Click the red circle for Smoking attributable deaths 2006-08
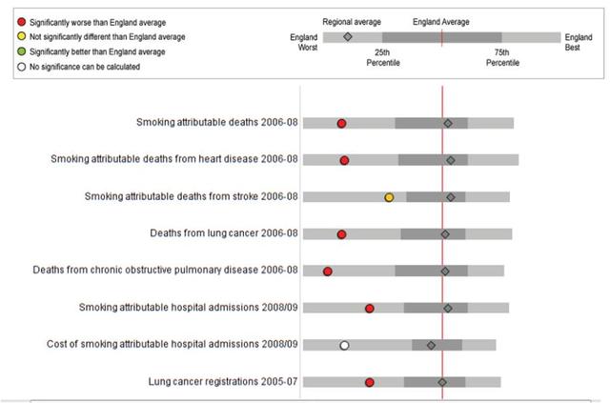(341, 124)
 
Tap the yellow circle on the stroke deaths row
(389, 197)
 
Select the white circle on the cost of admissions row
(345, 345)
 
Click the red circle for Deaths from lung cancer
(341, 234)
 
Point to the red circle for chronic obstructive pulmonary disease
(328, 272)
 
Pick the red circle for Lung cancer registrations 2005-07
(370, 382)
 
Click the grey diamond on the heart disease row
(451, 160)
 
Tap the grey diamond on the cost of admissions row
(431, 345)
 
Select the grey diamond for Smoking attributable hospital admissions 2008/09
(448, 308)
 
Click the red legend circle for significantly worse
(21, 21)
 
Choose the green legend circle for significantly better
(21, 51)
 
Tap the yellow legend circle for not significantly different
(21, 36)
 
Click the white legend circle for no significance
(21, 68)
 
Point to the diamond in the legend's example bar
(348, 37)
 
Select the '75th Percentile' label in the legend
(502, 57)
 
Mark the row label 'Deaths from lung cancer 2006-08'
(224, 233)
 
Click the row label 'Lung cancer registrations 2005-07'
(223, 381)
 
